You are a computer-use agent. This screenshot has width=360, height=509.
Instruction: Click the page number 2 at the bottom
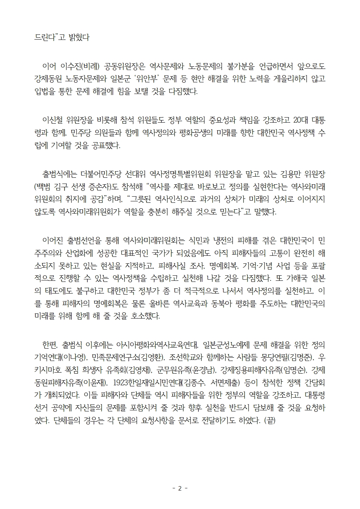pos(180,488)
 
